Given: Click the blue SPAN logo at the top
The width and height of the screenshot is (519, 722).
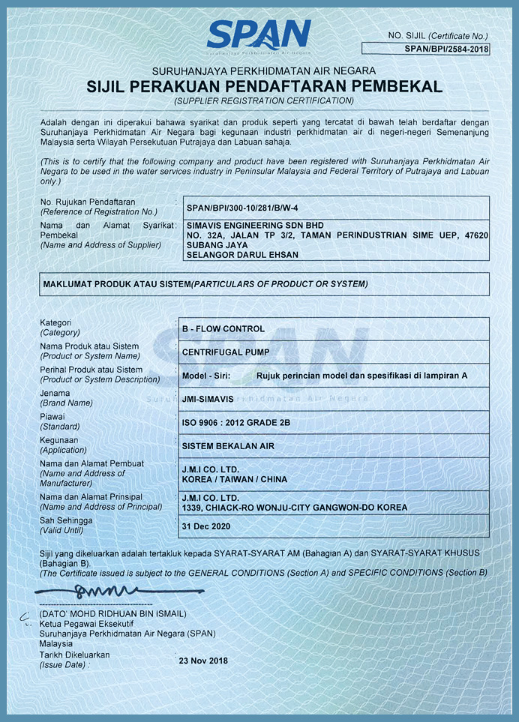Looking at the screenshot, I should coord(258,35).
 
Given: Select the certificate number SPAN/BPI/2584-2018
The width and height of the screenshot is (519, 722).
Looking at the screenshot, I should coord(446,49).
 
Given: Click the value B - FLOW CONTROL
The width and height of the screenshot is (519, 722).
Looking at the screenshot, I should coord(223,328).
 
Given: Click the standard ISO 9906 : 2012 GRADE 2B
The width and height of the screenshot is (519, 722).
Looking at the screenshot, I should coord(235,423).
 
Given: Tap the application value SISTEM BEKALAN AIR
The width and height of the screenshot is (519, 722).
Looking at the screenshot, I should coord(228,446).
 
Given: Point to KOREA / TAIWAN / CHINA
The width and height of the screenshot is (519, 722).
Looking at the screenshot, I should coord(234,479).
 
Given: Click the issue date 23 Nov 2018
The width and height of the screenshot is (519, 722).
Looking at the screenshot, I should coord(202,661).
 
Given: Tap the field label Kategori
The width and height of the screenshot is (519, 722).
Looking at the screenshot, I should coord(55,322).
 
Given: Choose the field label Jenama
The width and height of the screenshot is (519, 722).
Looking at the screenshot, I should coord(55,393).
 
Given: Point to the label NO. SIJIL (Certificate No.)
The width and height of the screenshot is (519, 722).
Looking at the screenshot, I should coord(437,35).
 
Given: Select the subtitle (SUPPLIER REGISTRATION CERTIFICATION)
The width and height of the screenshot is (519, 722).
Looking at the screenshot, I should coord(263,100).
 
